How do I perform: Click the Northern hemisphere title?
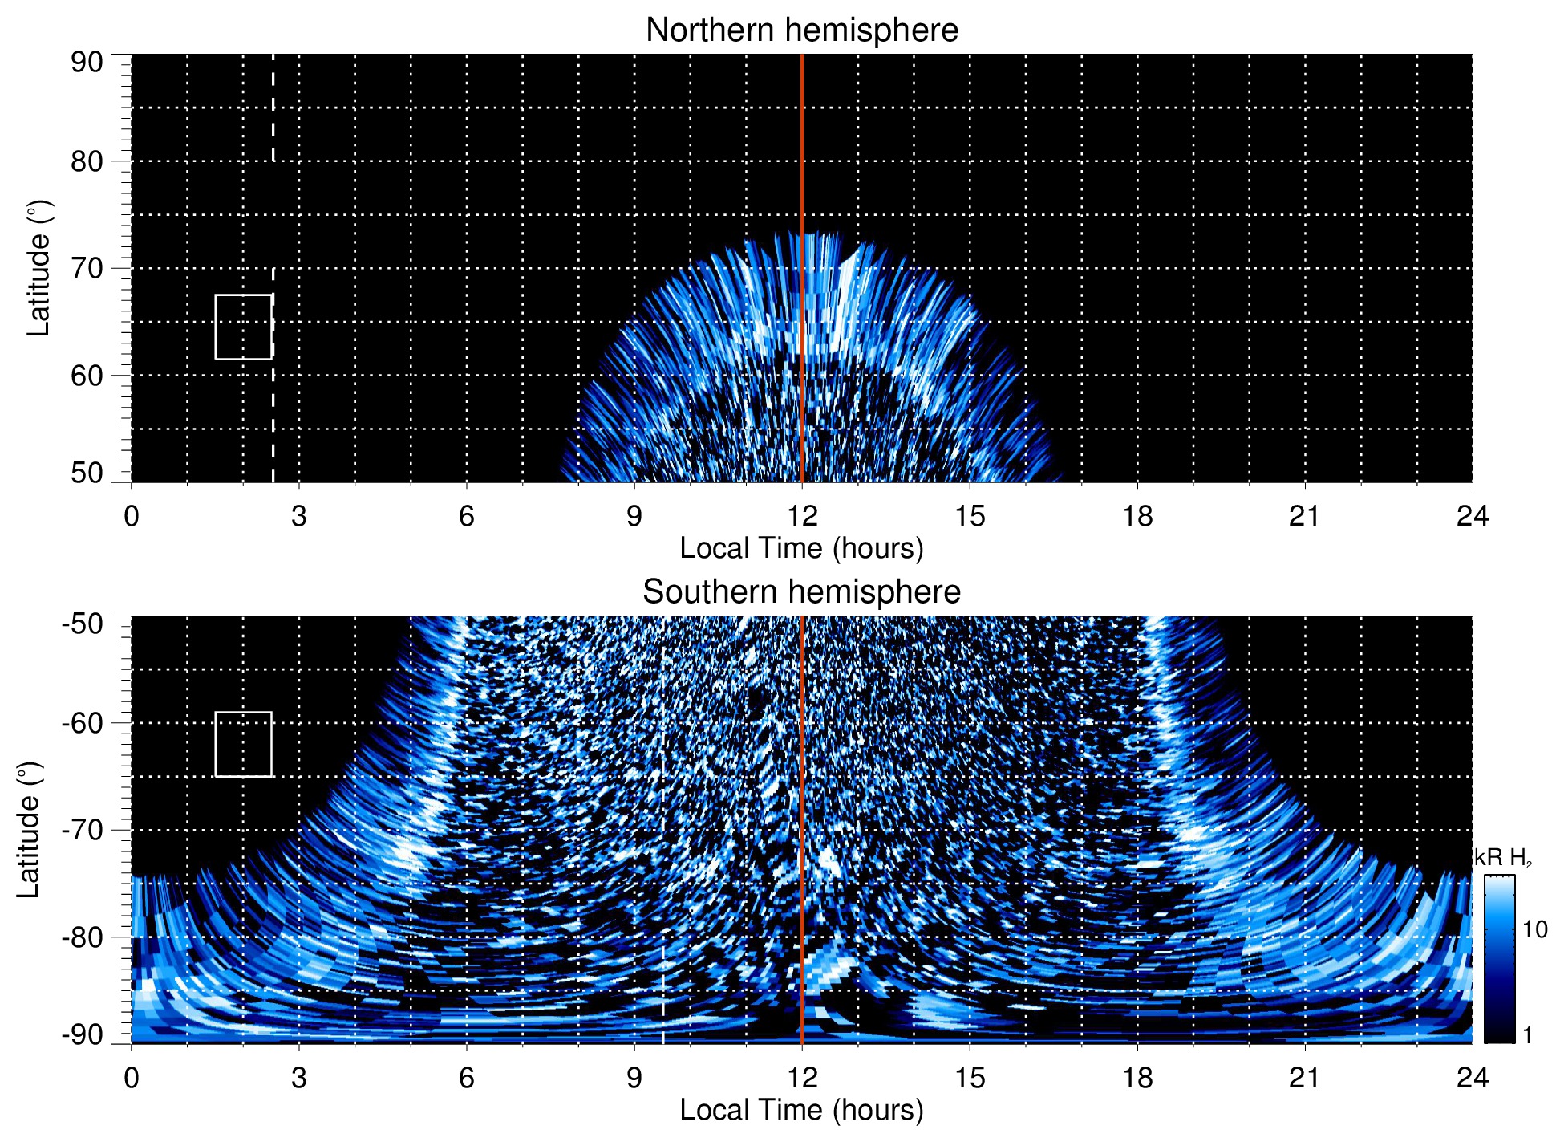(801, 30)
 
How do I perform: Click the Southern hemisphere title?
(801, 592)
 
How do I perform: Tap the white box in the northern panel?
(243, 327)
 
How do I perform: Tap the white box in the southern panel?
(243, 744)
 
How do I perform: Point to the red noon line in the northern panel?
(802, 161)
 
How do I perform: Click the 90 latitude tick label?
(87, 63)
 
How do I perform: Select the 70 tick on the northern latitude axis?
(87, 268)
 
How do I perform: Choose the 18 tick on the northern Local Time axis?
(1137, 516)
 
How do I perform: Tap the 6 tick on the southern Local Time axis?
(466, 1078)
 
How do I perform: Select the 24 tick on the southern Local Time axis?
(1472, 1078)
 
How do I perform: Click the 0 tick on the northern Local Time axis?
(132, 516)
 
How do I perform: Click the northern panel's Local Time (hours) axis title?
(801, 548)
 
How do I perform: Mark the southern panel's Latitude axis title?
(29, 830)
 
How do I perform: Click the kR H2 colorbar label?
(1503, 858)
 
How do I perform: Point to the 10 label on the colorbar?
(1534, 930)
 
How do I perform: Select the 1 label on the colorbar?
(1527, 1035)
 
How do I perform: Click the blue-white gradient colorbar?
(1499, 959)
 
